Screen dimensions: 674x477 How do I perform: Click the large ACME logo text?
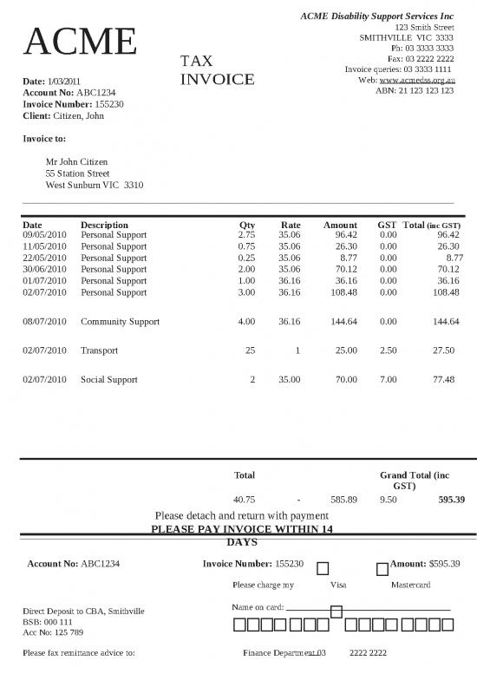[82, 43]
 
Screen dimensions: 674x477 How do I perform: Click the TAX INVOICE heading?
[217, 70]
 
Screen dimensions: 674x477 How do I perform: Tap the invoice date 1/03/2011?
[63, 81]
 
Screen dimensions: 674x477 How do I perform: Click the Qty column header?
[247, 225]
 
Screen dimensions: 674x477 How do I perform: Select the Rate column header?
[291, 225]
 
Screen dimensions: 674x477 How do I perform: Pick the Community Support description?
[120, 322]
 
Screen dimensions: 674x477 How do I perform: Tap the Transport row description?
[99, 350]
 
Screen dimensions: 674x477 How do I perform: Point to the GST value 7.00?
[388, 380]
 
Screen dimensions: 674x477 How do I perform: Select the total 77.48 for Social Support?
[443, 380]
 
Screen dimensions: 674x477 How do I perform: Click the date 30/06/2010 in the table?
[44, 270]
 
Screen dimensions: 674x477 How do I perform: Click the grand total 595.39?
[451, 500]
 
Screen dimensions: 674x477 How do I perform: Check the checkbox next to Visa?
[323, 569]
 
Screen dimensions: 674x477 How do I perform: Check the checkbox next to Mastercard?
[382, 569]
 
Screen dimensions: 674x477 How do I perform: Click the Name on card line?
[368, 608]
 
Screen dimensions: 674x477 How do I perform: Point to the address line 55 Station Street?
[77, 173]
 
